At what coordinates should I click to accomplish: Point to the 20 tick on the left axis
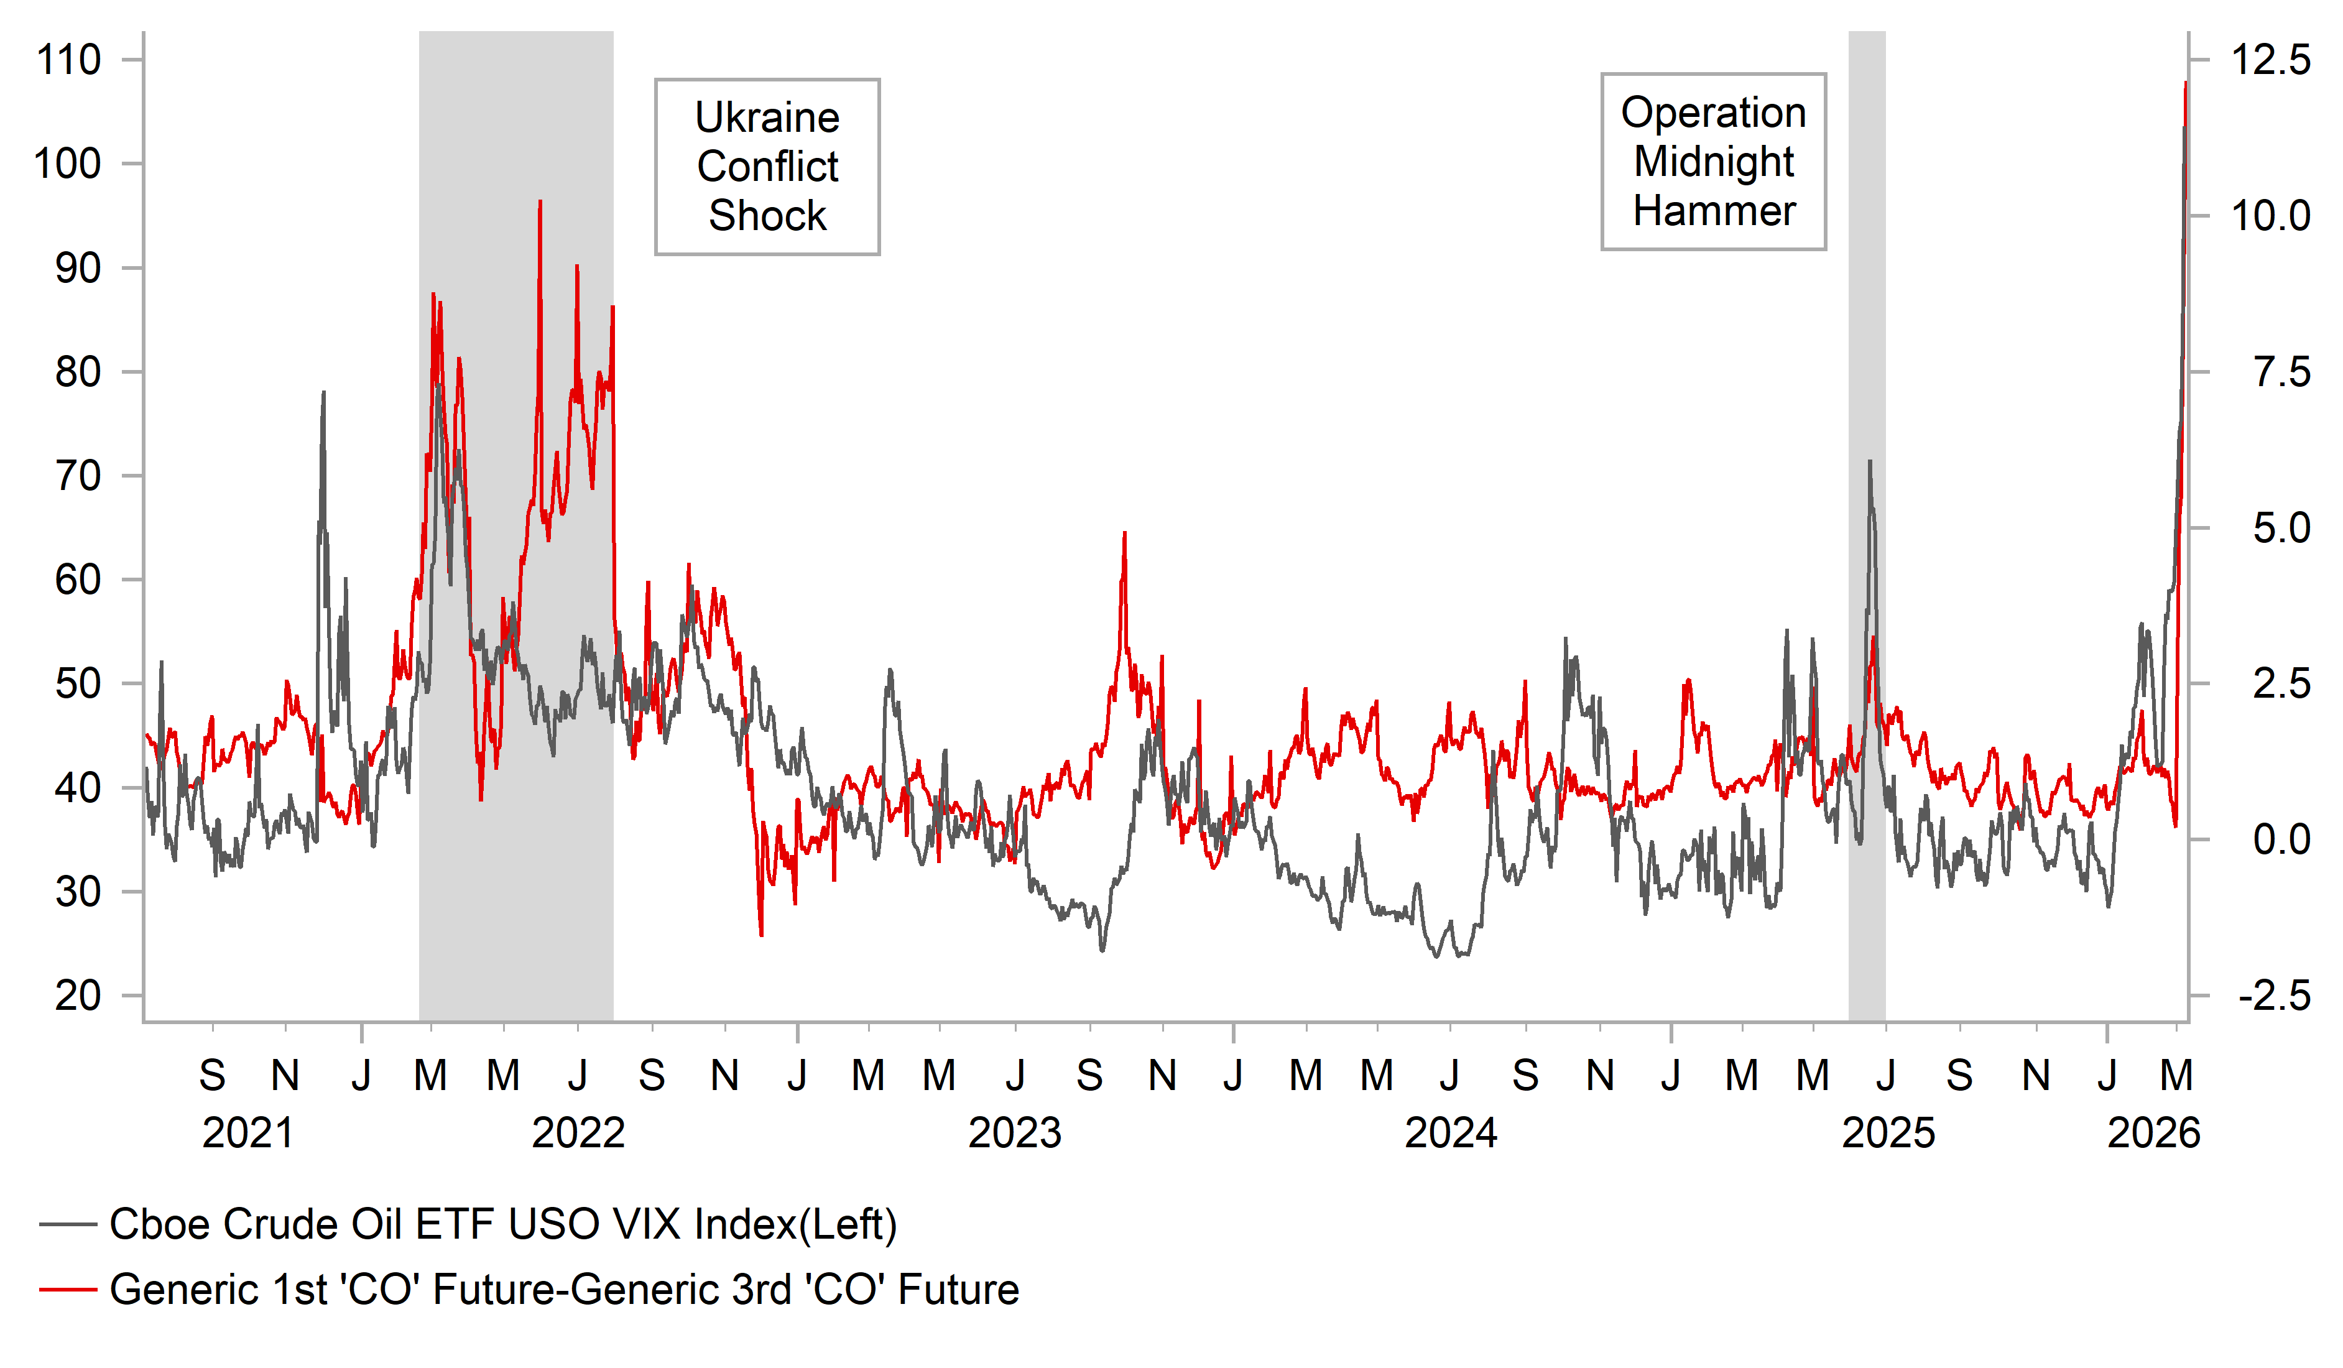78,996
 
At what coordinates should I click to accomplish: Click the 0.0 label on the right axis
2281,840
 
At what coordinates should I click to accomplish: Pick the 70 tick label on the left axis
78,476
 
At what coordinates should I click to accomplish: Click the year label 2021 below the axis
247,1134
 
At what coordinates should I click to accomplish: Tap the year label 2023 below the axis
1014,1134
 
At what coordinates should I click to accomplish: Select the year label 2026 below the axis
2153,1134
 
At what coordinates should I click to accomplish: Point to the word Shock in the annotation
767,216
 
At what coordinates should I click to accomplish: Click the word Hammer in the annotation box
1714,211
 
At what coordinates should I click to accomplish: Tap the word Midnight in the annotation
1714,162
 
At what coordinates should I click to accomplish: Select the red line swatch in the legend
68,1290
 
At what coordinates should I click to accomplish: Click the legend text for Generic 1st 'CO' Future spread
563,1290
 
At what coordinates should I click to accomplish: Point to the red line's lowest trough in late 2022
762,935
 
